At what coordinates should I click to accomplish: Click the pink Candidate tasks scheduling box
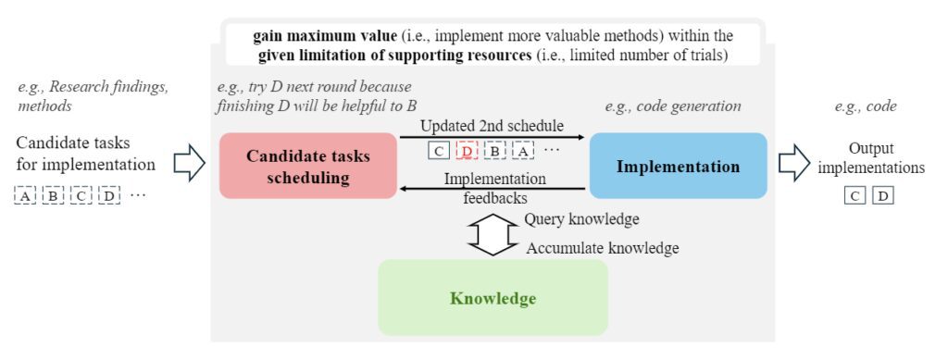[x=308, y=166]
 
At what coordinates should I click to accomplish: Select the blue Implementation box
[x=679, y=166]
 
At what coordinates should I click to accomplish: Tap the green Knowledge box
[x=493, y=298]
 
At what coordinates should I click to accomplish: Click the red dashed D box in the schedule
[x=468, y=151]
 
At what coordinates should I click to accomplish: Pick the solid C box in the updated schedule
[x=439, y=151]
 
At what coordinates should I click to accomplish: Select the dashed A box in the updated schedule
[x=523, y=151]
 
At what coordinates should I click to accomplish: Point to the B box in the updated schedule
[x=495, y=151]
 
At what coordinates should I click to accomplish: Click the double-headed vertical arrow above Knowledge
[x=493, y=234]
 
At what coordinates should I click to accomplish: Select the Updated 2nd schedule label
[x=491, y=126]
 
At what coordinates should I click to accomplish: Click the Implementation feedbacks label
[x=495, y=187]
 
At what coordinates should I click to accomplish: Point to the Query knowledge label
[x=581, y=219]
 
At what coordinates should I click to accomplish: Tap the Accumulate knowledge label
[x=603, y=248]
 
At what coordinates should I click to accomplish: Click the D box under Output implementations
[x=882, y=195]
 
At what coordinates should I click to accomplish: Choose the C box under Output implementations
[x=856, y=195]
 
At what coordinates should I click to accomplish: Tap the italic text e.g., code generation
[x=673, y=106]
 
